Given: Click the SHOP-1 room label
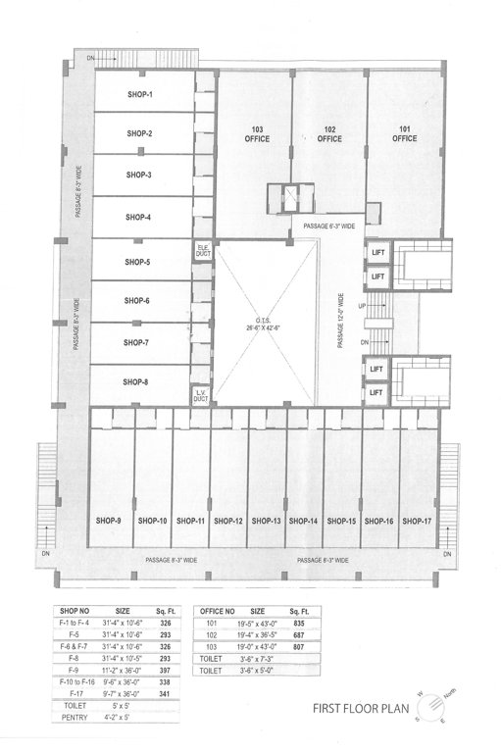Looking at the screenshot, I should (141, 94).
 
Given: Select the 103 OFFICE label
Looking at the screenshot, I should (257, 134).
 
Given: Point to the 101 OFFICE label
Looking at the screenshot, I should (404, 134).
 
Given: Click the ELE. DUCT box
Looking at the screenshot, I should (203, 251).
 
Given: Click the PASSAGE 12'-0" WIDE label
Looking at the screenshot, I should (341, 321).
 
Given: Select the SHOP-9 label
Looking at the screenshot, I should (109, 521).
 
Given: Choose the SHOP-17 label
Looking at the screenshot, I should (417, 521).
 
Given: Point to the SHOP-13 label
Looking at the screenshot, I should (266, 521).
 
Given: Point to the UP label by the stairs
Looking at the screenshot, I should (365, 306).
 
